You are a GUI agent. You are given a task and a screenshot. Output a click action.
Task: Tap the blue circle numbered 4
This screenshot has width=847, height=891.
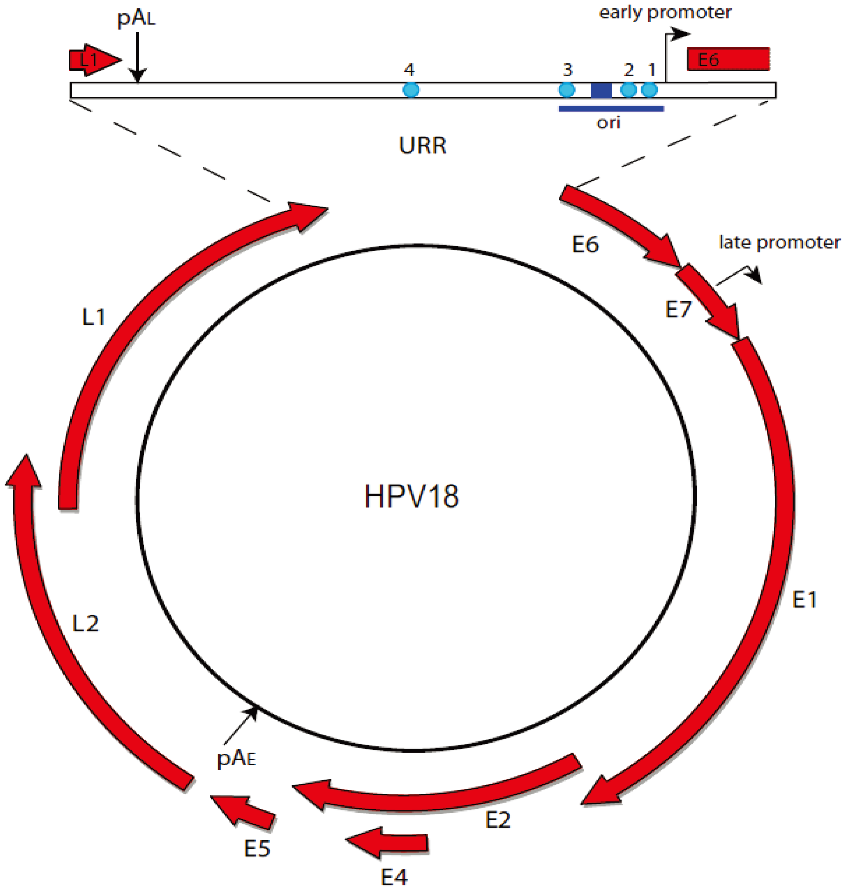pyautogui.click(x=410, y=90)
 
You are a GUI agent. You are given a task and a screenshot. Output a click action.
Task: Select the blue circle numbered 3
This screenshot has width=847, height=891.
pyautogui.click(x=567, y=90)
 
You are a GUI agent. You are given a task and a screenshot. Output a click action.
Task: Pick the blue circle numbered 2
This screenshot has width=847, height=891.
pyautogui.click(x=628, y=90)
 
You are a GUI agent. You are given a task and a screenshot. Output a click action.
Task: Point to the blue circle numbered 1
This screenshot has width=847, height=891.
pyautogui.click(x=649, y=90)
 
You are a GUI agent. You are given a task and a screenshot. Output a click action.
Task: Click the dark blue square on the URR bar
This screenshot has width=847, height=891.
pyautogui.click(x=601, y=90)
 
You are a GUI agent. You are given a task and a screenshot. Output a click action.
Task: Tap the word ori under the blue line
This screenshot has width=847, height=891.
pyautogui.click(x=608, y=122)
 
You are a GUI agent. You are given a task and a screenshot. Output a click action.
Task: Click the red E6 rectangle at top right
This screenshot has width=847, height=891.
pyautogui.click(x=728, y=59)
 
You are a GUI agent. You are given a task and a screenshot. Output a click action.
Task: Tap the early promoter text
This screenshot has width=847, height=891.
pyautogui.click(x=665, y=13)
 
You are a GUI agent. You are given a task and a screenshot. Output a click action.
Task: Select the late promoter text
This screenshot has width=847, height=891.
pyautogui.click(x=779, y=242)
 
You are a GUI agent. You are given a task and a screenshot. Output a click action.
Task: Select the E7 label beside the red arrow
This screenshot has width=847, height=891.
pyautogui.click(x=678, y=309)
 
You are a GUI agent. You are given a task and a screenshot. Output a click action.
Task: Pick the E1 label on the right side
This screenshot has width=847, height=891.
pyautogui.click(x=805, y=600)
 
